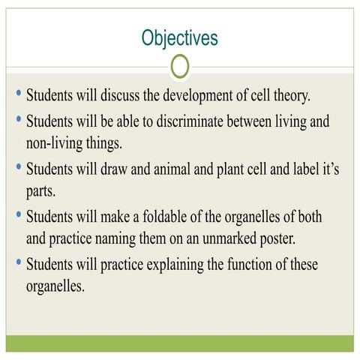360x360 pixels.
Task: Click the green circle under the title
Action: click(x=180, y=67)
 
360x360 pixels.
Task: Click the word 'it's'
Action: click(x=328, y=169)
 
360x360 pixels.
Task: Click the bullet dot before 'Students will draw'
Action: click(x=17, y=166)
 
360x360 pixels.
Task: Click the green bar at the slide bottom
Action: click(x=180, y=343)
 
